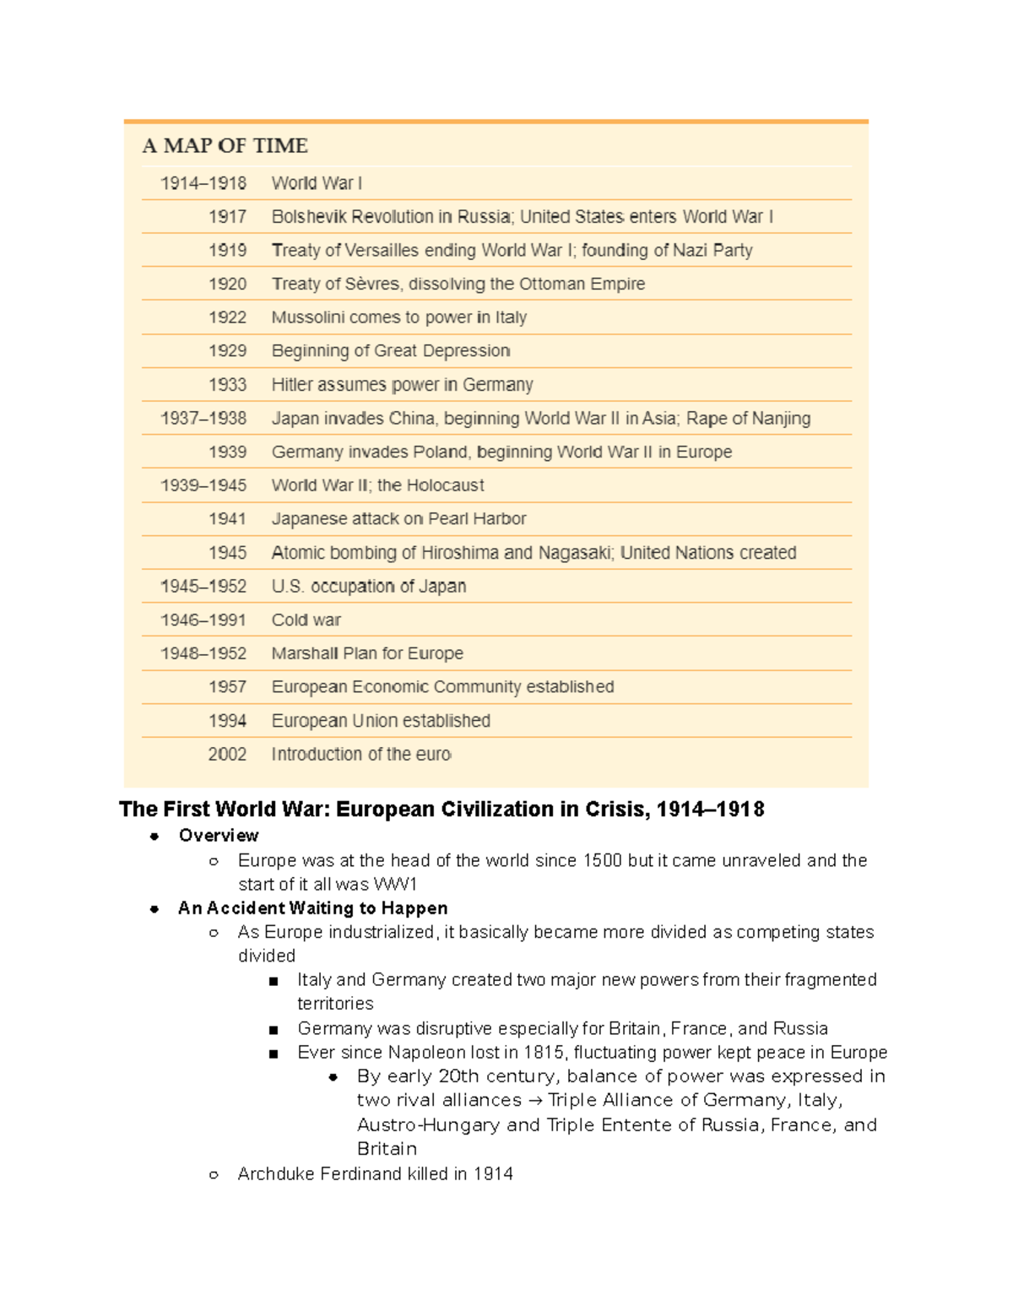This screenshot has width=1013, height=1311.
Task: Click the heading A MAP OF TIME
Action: (x=225, y=146)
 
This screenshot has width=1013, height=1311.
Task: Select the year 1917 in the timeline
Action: (x=227, y=217)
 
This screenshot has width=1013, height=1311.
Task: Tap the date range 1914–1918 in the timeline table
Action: (x=203, y=183)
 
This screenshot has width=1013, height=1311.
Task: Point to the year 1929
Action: (x=227, y=351)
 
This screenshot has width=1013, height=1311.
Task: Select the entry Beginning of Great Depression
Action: (x=391, y=351)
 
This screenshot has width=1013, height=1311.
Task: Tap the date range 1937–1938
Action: (x=203, y=419)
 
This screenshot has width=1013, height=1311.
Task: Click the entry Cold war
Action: (x=306, y=620)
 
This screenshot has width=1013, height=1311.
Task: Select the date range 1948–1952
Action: (x=203, y=653)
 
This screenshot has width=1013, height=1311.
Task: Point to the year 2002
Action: (x=227, y=755)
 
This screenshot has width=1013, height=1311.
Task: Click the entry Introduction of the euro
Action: (x=361, y=755)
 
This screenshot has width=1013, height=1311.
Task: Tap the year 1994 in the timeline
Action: (x=227, y=721)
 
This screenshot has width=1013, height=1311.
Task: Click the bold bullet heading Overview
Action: (x=219, y=836)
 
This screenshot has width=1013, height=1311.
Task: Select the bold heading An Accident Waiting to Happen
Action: (x=312, y=908)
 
